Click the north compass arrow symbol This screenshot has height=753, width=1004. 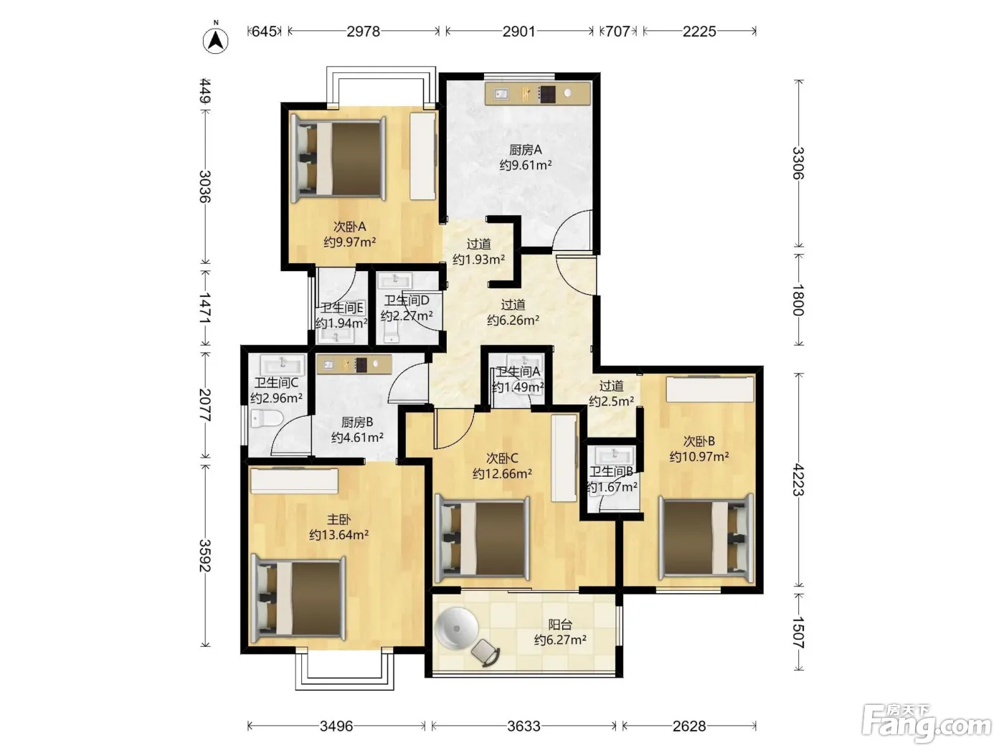(x=215, y=41)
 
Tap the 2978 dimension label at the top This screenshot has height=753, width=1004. (x=363, y=31)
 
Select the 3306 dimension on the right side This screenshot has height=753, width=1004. (x=798, y=164)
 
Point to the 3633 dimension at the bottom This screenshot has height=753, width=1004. (x=524, y=726)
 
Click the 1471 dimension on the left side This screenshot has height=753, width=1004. (x=205, y=308)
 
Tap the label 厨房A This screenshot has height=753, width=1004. (x=526, y=149)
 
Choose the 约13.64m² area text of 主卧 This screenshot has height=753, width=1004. (x=339, y=534)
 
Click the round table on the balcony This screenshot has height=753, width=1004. (x=457, y=629)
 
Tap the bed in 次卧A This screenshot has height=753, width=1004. (x=339, y=158)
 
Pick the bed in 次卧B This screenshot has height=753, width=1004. (x=706, y=538)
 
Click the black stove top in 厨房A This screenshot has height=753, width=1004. (x=546, y=94)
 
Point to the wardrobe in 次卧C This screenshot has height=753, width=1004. (x=564, y=458)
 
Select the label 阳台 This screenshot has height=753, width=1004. (x=560, y=625)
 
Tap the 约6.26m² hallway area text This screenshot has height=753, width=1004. (x=513, y=320)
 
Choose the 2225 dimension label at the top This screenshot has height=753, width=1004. (x=699, y=31)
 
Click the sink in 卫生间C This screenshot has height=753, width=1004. (x=283, y=365)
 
